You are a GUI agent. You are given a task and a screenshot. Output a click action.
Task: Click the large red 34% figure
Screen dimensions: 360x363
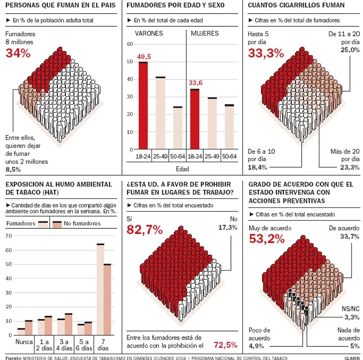[x=18, y=53]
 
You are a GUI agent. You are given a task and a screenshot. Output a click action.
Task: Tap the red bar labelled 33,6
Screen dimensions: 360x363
[x=195, y=119]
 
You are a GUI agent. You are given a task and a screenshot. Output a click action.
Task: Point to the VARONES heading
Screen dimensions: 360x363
[x=149, y=34]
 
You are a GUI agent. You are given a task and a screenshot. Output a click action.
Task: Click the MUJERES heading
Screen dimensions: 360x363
[x=204, y=34]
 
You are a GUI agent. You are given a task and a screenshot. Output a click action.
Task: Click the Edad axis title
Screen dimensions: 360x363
[x=181, y=169]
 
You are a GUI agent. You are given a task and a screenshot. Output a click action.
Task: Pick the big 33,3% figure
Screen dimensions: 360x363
[x=265, y=53]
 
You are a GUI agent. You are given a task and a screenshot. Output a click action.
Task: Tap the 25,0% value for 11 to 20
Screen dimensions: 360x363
[x=350, y=50]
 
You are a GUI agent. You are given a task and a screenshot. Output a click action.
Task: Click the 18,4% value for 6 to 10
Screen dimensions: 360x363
[x=257, y=168]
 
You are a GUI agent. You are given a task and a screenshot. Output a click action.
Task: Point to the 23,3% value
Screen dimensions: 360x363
[x=350, y=168]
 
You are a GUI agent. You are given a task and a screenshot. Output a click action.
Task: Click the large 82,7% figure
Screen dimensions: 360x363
[x=144, y=230]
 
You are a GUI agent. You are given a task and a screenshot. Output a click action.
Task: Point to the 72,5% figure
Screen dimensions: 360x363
[x=226, y=345]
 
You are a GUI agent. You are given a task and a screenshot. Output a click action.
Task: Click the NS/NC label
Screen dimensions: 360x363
[x=351, y=309]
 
